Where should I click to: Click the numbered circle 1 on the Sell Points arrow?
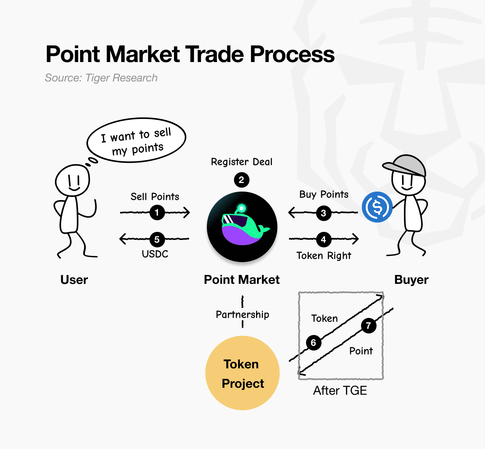tap(157, 212)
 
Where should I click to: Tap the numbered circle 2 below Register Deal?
tap(242, 180)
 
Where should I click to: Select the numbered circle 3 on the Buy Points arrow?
tap(323, 213)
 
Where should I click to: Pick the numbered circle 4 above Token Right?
tap(323, 240)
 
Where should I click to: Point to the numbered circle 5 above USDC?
tap(157, 240)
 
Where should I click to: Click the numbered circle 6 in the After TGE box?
tap(313, 343)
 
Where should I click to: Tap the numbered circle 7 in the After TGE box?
tap(368, 326)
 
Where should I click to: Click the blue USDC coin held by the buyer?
tap(377, 207)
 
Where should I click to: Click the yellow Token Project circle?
tap(242, 373)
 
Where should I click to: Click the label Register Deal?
tap(242, 162)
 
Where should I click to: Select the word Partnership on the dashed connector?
tap(242, 314)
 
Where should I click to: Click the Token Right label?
tap(324, 256)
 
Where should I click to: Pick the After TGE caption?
tap(340, 390)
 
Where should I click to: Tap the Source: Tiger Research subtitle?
tap(101, 78)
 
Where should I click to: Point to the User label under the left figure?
tap(74, 280)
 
